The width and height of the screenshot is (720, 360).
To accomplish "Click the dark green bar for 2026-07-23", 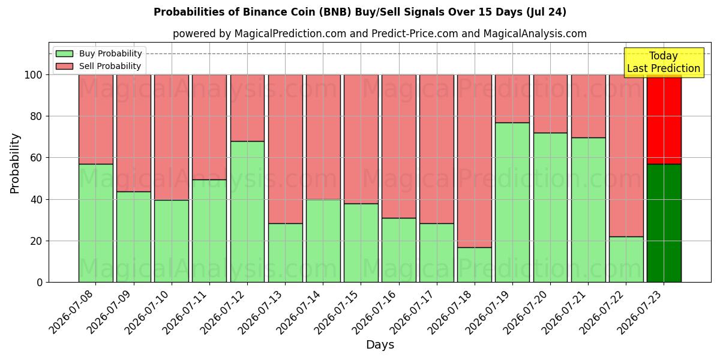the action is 664,223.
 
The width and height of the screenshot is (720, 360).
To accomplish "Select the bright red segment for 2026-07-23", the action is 664,119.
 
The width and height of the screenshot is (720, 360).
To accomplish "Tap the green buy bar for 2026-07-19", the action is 512,203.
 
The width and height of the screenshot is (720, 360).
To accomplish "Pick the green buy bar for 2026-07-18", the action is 475,265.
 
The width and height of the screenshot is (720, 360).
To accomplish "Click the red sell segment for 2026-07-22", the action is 626,156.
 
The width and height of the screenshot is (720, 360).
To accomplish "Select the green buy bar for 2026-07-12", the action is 247,212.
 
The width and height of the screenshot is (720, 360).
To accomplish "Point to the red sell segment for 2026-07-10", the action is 172,137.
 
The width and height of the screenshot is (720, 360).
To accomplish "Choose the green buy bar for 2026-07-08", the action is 96,223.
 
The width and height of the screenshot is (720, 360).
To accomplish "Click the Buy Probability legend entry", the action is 98,53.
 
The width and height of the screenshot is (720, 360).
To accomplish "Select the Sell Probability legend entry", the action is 98,66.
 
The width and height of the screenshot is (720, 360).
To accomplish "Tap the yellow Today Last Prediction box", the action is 664,62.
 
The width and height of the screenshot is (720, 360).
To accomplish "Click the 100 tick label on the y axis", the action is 34,75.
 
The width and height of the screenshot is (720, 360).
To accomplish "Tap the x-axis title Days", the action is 380,344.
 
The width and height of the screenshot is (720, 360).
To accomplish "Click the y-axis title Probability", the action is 15,163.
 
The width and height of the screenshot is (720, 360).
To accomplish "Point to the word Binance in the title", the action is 262,12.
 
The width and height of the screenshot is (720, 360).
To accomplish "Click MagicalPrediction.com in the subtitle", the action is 290,34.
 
